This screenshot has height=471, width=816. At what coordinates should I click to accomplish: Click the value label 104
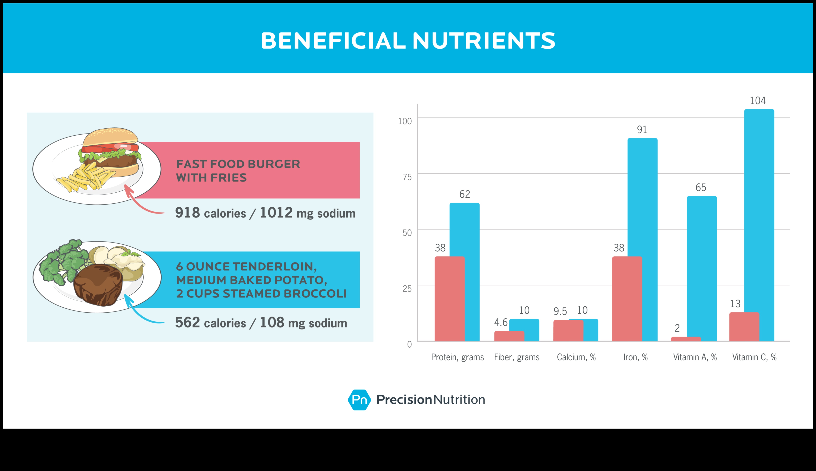pyautogui.click(x=758, y=101)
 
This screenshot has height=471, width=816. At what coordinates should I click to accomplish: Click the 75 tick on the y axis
pyautogui.click(x=407, y=177)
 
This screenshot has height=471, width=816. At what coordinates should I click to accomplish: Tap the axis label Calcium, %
pyautogui.click(x=576, y=357)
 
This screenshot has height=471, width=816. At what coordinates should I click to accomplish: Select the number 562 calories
pyautogui.click(x=187, y=322)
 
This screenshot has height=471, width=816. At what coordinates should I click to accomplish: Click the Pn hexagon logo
pyautogui.click(x=359, y=400)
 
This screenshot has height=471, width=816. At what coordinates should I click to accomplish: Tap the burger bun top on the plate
pyautogui.click(x=110, y=137)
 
